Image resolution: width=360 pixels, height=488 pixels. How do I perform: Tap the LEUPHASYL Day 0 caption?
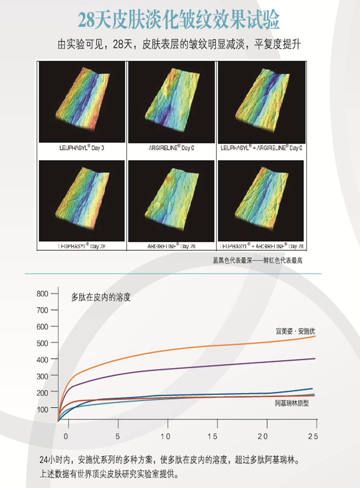[82, 148]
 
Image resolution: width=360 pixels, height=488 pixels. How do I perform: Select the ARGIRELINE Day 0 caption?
[171, 148]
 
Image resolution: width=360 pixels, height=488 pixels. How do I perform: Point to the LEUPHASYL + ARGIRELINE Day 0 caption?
[261, 148]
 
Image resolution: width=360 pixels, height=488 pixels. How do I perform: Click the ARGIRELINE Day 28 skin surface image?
[171, 201]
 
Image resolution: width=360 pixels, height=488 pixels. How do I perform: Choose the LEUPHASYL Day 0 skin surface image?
[82, 102]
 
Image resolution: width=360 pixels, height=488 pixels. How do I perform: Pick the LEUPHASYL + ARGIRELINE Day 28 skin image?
[261, 201]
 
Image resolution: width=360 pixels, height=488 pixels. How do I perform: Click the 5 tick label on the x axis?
[118, 436]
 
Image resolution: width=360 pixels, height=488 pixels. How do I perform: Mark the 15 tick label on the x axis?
[213, 436]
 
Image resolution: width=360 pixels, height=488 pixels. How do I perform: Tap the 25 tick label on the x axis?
[313, 436]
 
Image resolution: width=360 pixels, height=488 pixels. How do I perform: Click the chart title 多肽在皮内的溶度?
[101, 297]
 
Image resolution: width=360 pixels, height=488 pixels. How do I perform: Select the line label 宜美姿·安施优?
[295, 331]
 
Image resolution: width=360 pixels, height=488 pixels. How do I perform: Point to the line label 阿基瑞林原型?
[292, 403]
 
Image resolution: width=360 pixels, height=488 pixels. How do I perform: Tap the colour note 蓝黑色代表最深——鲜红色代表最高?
[258, 260]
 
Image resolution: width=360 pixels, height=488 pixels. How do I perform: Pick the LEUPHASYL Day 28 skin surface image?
[82, 201]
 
